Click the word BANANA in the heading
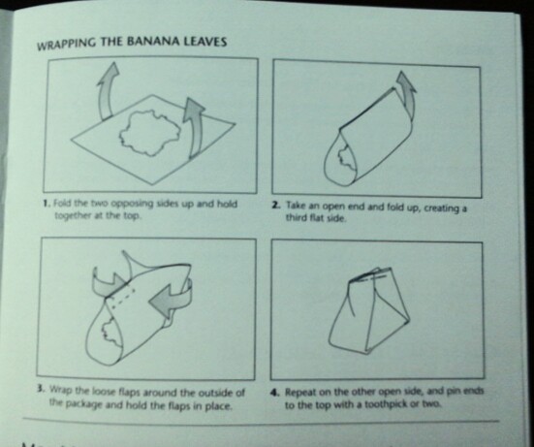[154, 42]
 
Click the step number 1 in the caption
[47, 204]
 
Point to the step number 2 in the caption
[276, 206]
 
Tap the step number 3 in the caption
[41, 389]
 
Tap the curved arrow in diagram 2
[408, 95]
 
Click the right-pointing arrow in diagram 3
[109, 283]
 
